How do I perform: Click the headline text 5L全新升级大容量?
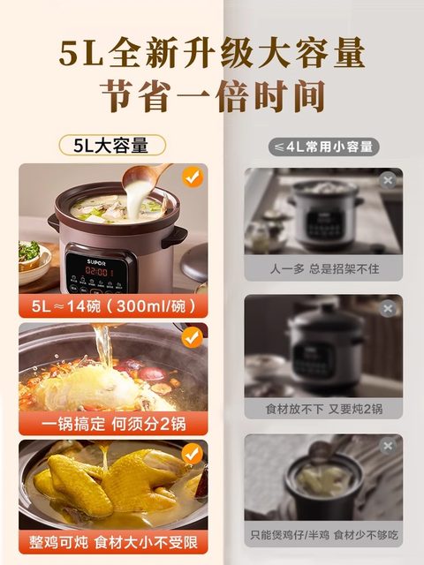point(212,55)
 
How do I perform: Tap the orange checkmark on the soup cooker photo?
point(192,177)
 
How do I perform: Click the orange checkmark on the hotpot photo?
point(192,335)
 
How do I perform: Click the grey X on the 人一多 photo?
point(387,180)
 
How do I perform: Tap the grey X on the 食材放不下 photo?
point(387,308)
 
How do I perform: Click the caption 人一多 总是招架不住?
point(323,268)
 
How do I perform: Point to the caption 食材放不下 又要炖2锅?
point(323,409)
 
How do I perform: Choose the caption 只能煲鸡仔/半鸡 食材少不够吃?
point(323,534)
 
